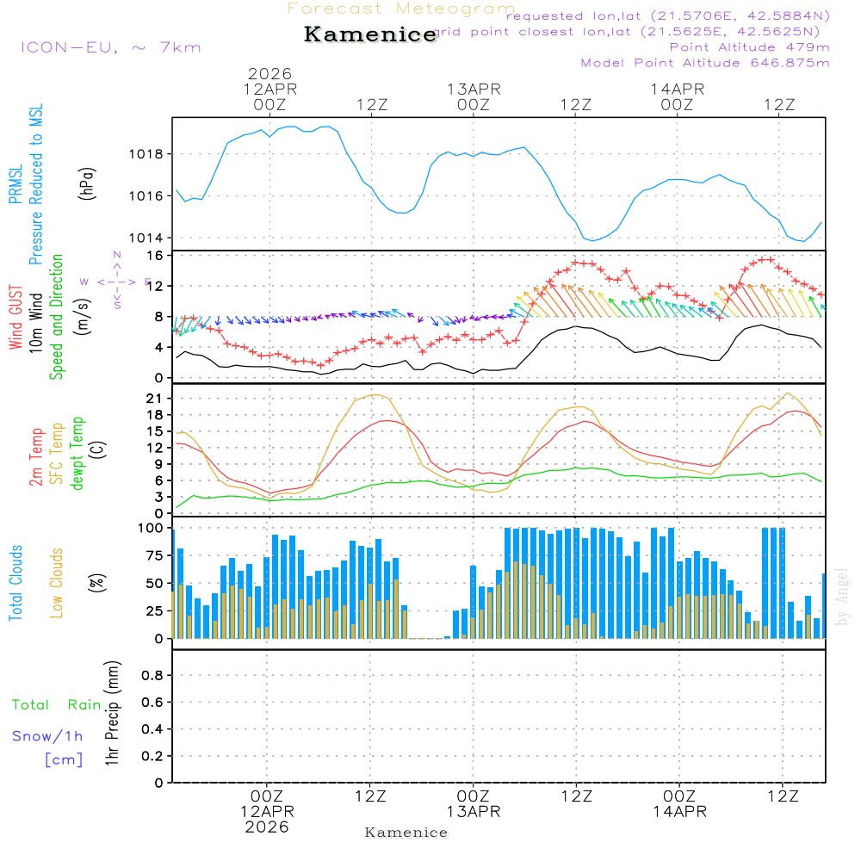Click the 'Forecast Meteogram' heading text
coord(401,9)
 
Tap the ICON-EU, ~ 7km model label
coord(110,47)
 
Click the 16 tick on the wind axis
coord(156,256)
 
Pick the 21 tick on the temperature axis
coord(156,399)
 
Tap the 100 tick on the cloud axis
coord(152,528)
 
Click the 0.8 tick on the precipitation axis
coord(152,676)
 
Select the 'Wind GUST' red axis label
coord(15,318)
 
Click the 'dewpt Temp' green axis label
coord(77,453)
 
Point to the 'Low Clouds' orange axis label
coord(57,582)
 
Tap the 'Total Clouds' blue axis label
coord(15,582)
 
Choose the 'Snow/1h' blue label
coord(47,736)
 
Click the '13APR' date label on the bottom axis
coord(473,812)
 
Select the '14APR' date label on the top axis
coord(678,89)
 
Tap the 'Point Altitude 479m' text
coord(749,46)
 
